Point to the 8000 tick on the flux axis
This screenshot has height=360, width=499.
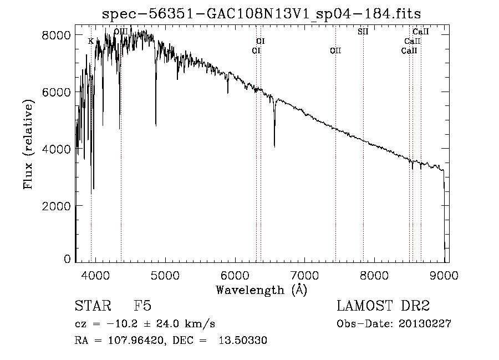(x=56, y=35)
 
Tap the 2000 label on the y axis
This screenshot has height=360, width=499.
(x=56, y=206)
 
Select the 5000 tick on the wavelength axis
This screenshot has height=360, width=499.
(x=165, y=275)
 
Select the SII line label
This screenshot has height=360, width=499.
(x=363, y=32)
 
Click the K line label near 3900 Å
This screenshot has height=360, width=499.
(x=91, y=41)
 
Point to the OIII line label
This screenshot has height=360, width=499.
(x=120, y=32)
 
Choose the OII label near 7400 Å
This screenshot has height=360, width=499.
(x=335, y=50)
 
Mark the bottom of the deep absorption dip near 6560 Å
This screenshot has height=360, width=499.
(x=274, y=146)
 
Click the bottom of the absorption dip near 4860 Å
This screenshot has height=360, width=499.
(x=156, y=125)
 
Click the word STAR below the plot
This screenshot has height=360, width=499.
(x=91, y=307)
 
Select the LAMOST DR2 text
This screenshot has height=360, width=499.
(x=383, y=307)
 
